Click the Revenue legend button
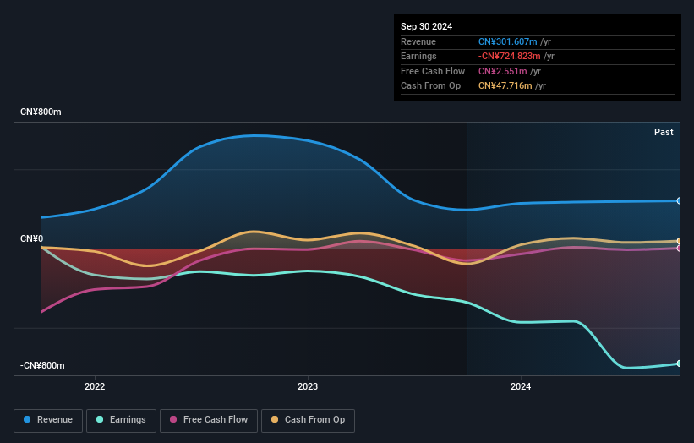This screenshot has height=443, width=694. point(48,420)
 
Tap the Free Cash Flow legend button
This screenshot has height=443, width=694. point(207,420)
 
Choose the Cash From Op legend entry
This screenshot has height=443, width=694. point(308,420)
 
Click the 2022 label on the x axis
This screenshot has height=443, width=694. point(95,386)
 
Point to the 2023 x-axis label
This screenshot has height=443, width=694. point(308,386)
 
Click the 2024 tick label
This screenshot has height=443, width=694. point(521,386)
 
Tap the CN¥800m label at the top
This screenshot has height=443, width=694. point(41,112)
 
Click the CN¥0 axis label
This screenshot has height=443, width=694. point(32,238)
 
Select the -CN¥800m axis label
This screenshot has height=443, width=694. point(43,365)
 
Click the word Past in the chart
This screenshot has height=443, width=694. point(664,132)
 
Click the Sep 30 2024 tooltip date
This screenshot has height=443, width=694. point(426,25)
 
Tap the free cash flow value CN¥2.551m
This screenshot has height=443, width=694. point(502,71)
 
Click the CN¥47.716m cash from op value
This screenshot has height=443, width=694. point(505,86)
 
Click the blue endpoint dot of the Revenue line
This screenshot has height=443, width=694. point(679,200)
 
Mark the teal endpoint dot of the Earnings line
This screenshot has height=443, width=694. point(679,364)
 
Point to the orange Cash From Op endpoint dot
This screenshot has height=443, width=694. point(679,241)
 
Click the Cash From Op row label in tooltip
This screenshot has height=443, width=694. point(431,86)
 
